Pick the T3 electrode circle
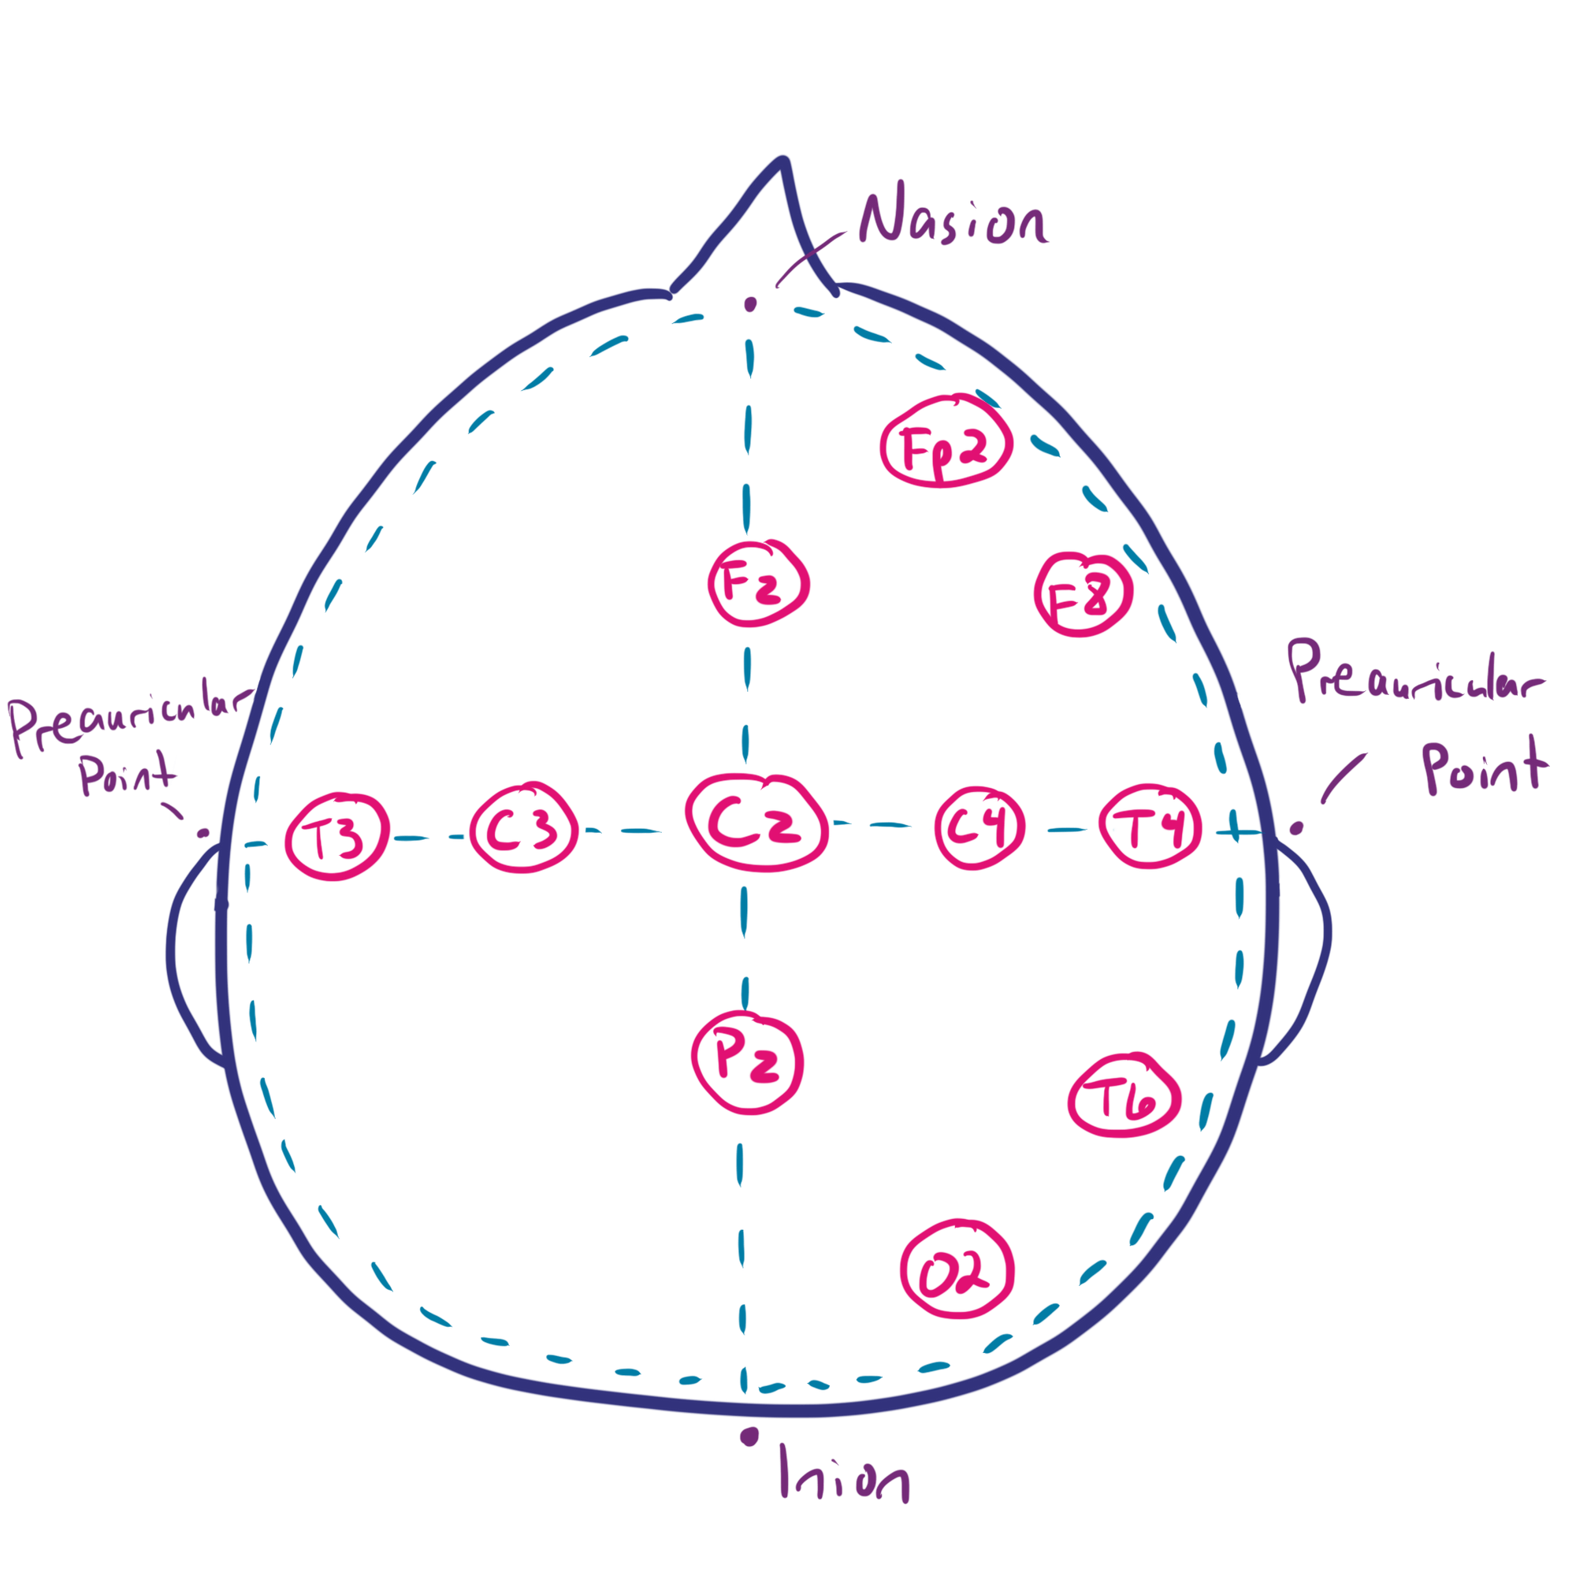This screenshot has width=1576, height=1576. [x=335, y=835]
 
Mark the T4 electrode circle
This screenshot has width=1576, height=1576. [x=1150, y=828]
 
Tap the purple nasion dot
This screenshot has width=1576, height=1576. [x=749, y=305]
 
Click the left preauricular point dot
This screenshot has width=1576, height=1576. [x=203, y=833]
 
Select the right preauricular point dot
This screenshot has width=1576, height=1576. [x=1295, y=829]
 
